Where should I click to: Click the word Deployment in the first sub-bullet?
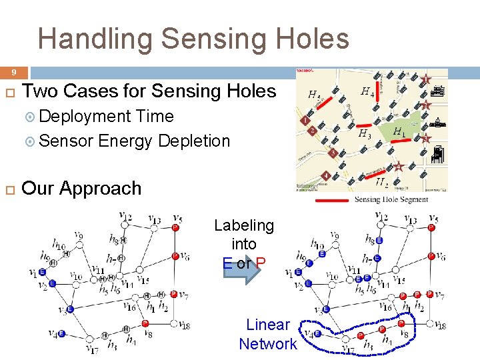point(85,116)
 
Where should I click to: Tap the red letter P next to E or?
point(261,263)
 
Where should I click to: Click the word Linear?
point(268,325)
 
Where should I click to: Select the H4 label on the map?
point(367,91)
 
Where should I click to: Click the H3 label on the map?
point(365,134)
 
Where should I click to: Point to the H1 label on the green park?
point(399,132)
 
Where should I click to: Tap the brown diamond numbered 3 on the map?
point(332,153)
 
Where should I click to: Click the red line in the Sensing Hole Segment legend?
point(331,199)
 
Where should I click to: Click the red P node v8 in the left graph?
point(145,324)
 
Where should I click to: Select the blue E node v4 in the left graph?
point(61,333)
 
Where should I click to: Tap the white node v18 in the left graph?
point(181,325)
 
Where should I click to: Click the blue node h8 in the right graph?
point(379,241)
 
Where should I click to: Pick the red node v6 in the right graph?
point(431,256)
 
